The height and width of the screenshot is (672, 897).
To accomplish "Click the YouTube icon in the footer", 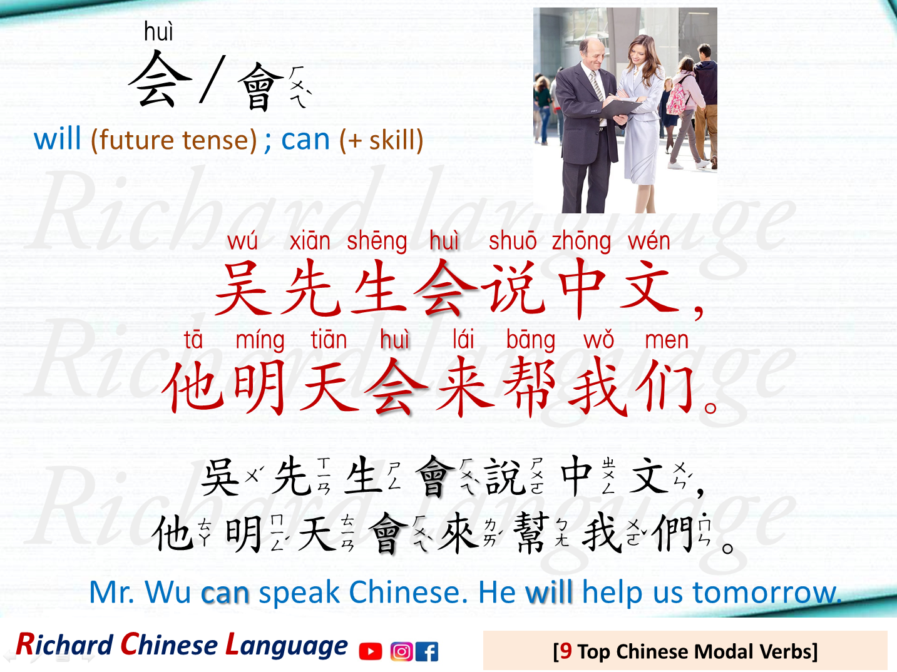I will coord(371,652).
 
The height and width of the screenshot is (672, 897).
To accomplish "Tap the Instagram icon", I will coord(401,652).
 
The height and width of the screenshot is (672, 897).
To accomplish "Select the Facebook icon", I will coord(427,652).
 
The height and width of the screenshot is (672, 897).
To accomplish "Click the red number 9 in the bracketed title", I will coord(566,651).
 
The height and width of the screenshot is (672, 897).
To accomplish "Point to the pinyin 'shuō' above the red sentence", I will coord(512,241).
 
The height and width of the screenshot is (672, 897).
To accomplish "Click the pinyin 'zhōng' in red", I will coord(581,242).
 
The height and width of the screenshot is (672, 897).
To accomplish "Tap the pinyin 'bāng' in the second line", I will coord(530,340).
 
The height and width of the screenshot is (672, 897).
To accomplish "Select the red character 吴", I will coord(242,288).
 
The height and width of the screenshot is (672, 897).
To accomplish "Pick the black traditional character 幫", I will coord(530,534).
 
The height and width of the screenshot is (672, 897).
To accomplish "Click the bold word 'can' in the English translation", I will coord(225,593).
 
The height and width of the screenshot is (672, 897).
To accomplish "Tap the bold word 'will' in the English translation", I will coord(549,593).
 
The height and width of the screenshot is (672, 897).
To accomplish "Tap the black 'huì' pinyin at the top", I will coord(158,31).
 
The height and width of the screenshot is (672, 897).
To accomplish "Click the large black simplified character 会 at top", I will coord(160,79).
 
